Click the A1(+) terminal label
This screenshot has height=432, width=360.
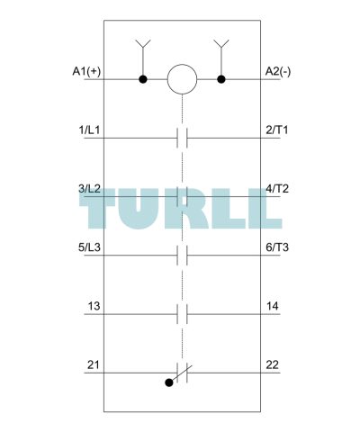[x=86, y=72]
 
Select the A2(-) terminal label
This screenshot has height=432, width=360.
[x=278, y=72]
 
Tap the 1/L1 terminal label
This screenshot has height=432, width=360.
[x=89, y=130]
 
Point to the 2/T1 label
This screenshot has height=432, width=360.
[x=277, y=130]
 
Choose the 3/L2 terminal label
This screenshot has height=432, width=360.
[x=89, y=189]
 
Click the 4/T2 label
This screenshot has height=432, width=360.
[x=277, y=189]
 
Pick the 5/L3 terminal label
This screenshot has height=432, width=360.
[x=89, y=247]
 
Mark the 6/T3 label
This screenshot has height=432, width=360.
[x=277, y=247]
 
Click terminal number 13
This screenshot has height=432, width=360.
[x=94, y=306]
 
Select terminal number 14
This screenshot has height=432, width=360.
[x=273, y=306]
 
